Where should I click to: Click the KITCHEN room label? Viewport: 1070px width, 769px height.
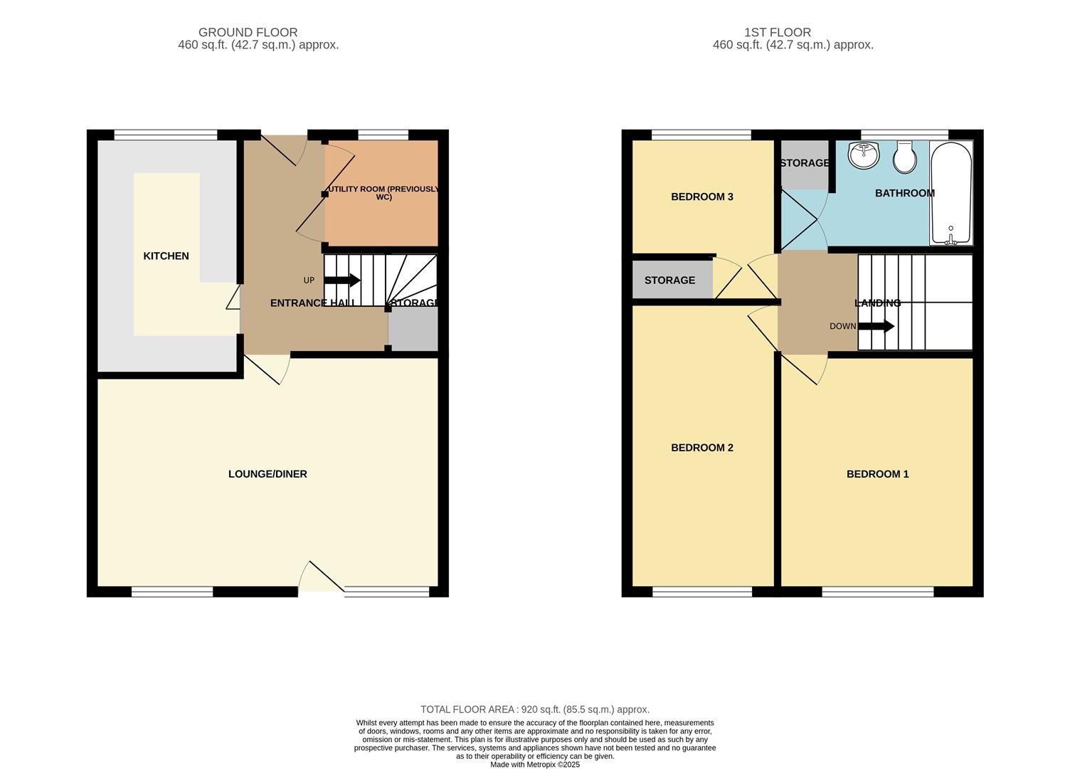point(166,256)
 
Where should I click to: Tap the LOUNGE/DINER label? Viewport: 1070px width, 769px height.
point(267,474)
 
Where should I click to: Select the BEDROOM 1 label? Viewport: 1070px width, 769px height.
point(877,474)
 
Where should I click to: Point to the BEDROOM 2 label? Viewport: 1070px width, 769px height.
point(701,448)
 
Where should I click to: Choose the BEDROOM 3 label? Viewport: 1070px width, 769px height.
point(701,197)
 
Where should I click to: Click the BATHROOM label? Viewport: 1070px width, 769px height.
point(904,193)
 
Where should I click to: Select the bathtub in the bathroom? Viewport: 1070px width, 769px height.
point(950,193)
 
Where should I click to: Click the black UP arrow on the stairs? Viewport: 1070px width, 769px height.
point(342,281)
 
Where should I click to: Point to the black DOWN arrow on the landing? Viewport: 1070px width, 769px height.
point(876,327)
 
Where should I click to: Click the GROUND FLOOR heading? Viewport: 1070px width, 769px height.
point(248,33)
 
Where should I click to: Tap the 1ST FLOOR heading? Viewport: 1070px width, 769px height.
point(777,33)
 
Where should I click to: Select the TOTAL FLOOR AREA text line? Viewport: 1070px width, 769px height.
point(534,710)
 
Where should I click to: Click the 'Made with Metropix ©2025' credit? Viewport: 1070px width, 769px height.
point(534,765)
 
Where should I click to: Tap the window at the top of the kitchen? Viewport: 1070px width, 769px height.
point(166,135)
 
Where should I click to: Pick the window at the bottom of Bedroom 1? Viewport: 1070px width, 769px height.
point(877,592)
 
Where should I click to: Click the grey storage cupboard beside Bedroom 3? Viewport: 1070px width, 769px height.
point(671,280)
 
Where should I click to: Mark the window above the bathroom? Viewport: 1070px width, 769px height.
point(904,135)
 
